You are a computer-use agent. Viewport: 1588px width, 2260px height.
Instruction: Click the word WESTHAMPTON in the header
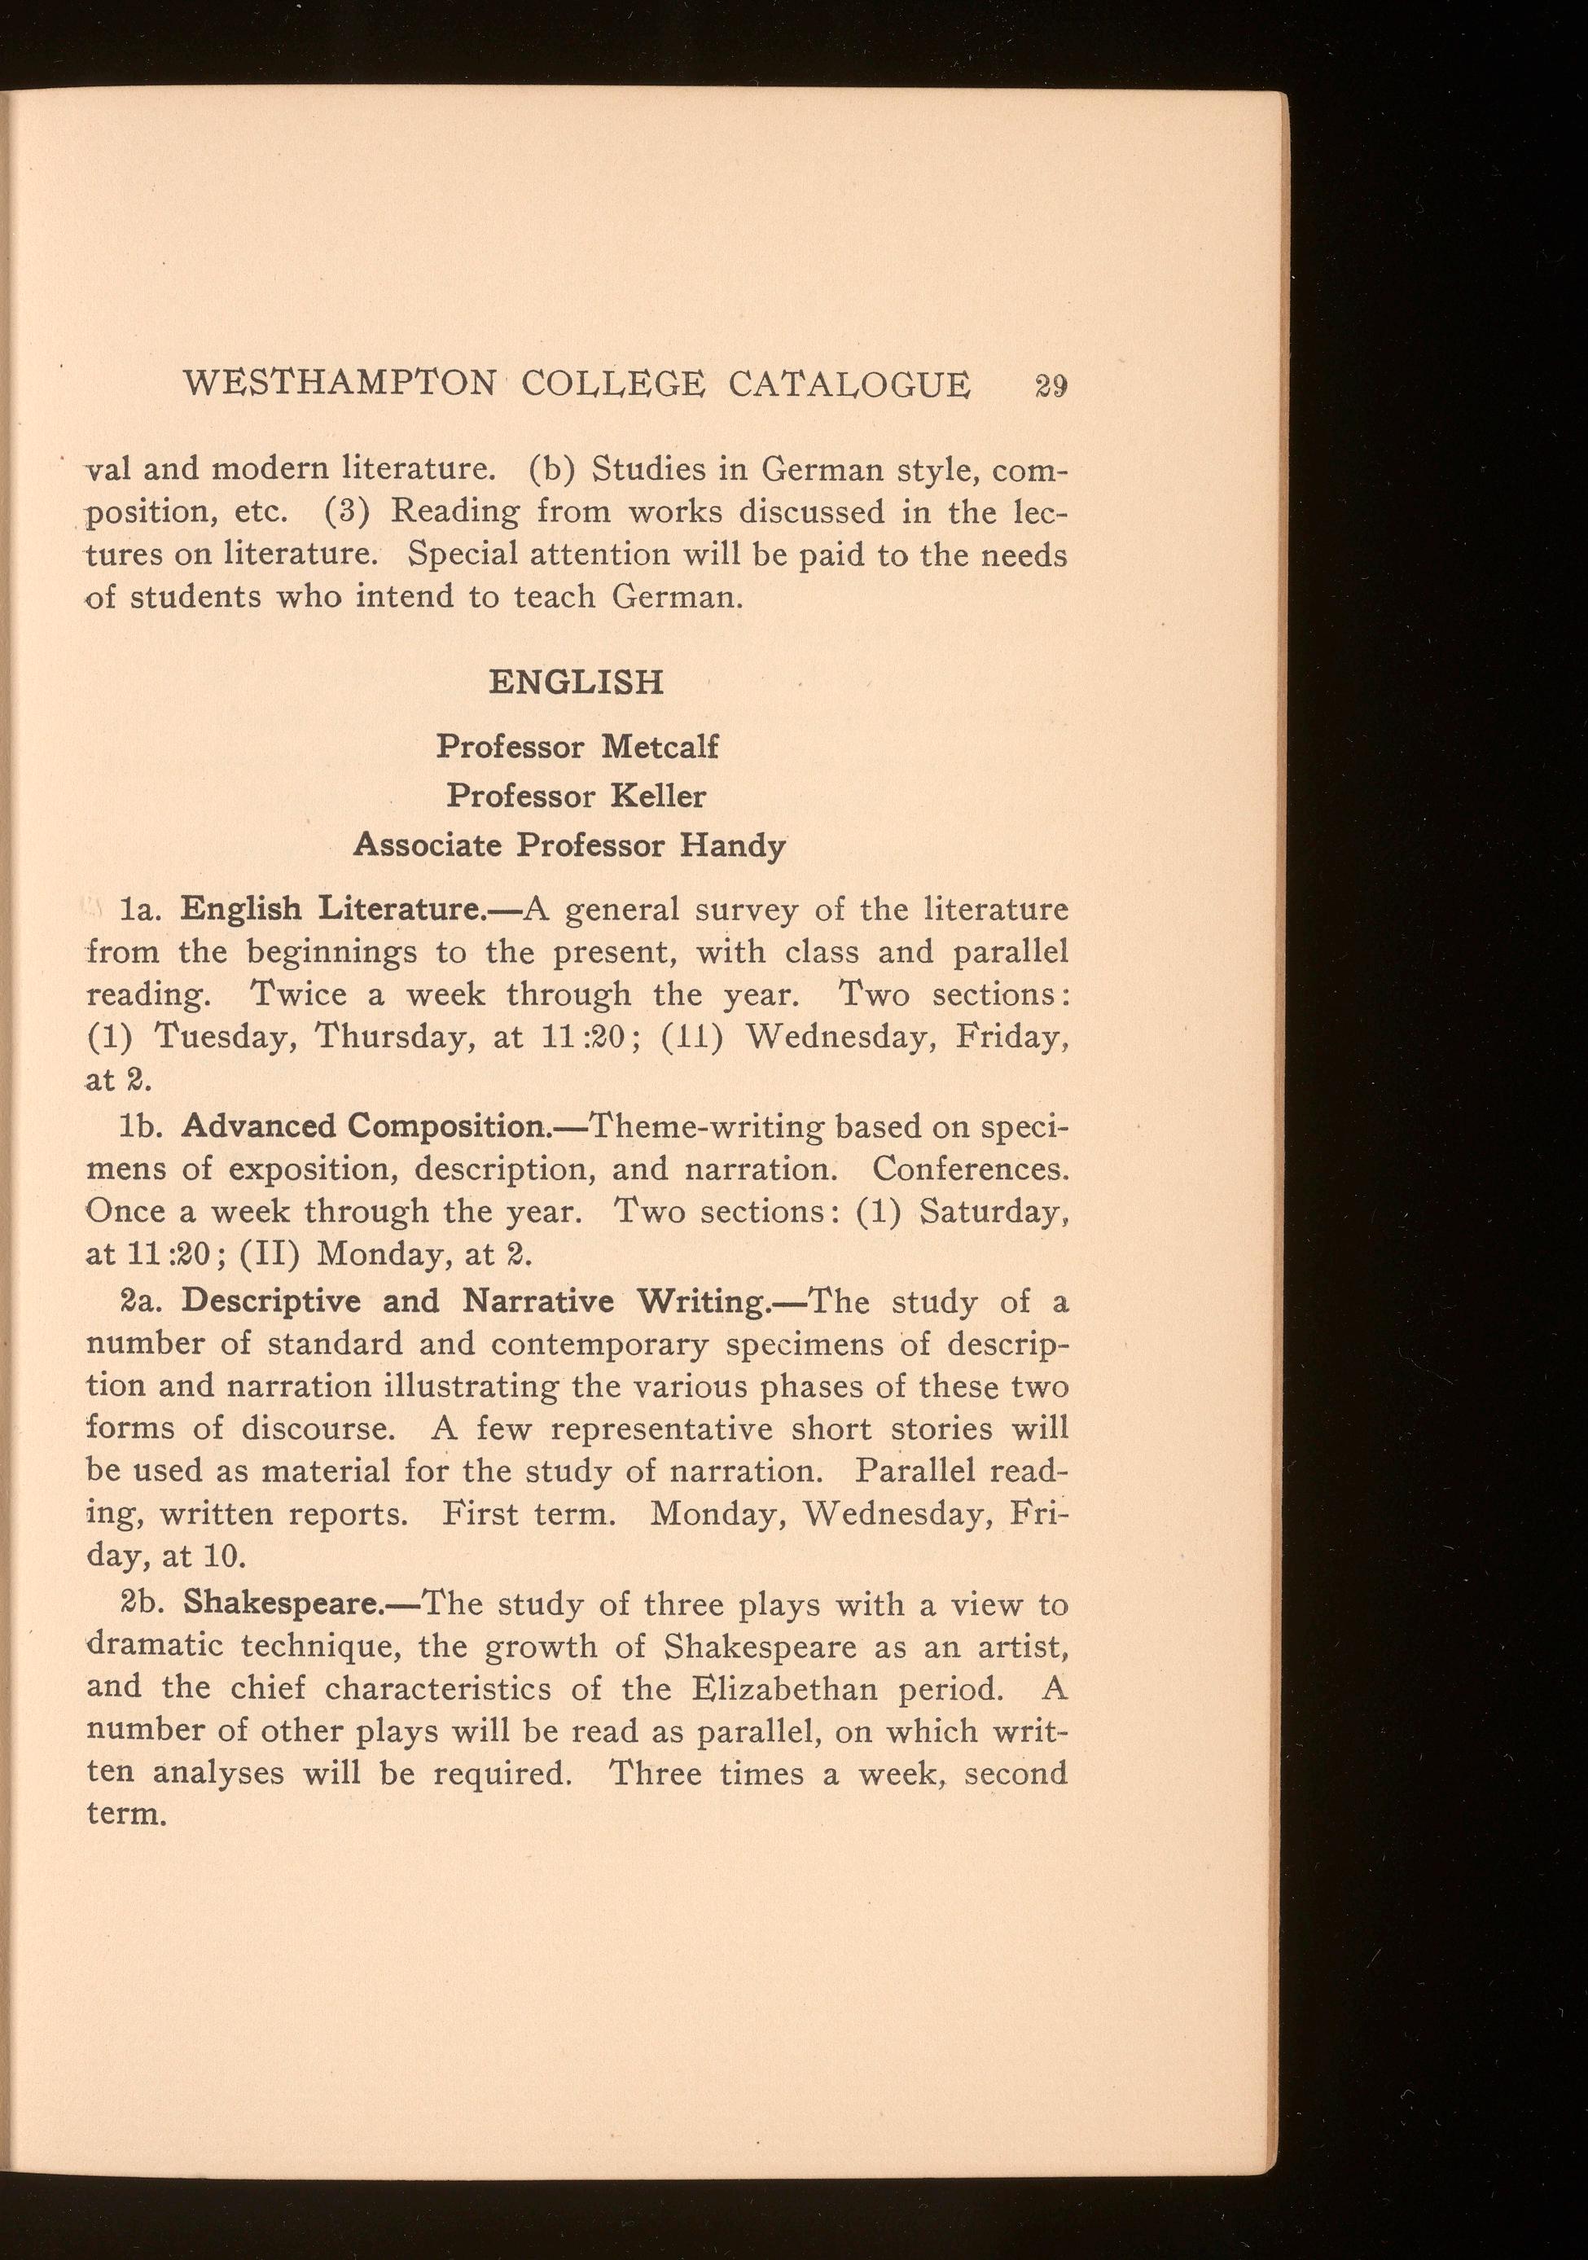point(340,383)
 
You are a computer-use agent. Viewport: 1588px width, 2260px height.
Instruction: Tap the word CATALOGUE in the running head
point(849,383)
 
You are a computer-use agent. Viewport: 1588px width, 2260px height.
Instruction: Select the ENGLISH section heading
point(576,682)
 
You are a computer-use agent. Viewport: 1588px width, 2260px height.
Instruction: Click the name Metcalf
point(660,746)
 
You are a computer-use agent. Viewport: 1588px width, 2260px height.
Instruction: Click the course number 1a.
point(133,909)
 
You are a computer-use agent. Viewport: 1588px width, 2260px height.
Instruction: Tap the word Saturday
point(994,1211)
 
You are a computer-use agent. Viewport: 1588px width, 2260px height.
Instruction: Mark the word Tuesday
point(226,1038)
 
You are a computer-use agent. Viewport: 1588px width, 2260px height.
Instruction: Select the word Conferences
point(970,1169)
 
